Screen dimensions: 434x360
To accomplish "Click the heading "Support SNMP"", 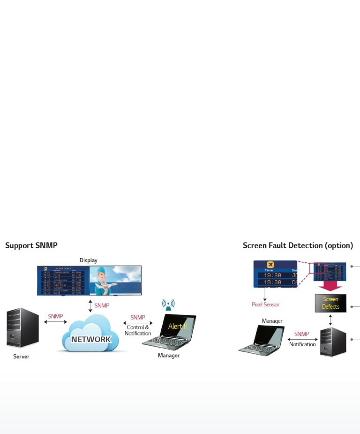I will pyautogui.click(x=31, y=245).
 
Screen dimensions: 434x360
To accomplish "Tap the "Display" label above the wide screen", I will pyautogui.click(x=89, y=260).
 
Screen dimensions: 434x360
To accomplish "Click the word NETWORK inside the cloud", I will pyautogui.click(x=91, y=339).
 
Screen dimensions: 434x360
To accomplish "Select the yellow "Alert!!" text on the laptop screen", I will pyautogui.click(x=177, y=326).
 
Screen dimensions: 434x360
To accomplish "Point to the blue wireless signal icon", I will pyautogui.click(x=168, y=305).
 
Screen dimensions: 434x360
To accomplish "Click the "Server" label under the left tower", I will pyautogui.click(x=21, y=357).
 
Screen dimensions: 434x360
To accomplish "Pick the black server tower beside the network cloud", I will pyautogui.click(x=22, y=327).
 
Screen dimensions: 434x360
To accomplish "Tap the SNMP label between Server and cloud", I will pyautogui.click(x=55, y=316).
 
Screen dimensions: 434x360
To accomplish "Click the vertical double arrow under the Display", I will pyautogui.click(x=90, y=305).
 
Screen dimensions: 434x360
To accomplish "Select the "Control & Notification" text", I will pyautogui.click(x=138, y=330).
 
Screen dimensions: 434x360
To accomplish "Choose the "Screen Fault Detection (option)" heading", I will pyautogui.click(x=298, y=245).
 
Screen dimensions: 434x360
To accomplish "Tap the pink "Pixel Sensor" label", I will pyautogui.click(x=265, y=305).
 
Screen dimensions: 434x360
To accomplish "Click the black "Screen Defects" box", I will pyautogui.click(x=330, y=303).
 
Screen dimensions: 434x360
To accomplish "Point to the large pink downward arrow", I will pyautogui.click(x=330, y=285).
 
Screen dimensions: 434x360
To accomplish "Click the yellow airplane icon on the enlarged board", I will pyautogui.click(x=270, y=265).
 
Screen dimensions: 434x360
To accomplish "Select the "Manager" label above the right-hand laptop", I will pyautogui.click(x=272, y=321).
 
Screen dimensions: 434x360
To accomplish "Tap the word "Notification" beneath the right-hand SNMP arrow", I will pyautogui.click(x=302, y=344).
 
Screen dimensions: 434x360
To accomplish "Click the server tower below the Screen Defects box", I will pyautogui.click(x=333, y=342).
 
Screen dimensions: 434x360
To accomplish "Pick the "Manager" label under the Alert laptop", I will pyautogui.click(x=169, y=356).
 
